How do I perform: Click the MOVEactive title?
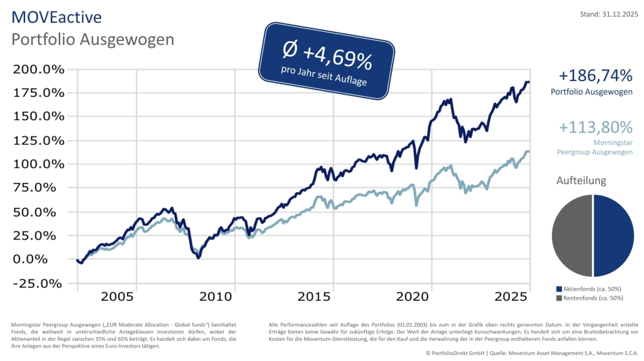[x=56, y=17]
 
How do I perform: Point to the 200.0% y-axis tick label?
[x=39, y=69]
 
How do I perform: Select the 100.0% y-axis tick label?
[x=39, y=164]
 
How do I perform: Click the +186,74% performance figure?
[x=595, y=76]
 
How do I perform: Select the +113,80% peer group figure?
[x=595, y=127]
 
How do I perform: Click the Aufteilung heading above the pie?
[x=581, y=180]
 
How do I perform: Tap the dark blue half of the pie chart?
[x=613, y=236]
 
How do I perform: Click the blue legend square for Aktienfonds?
[x=559, y=289]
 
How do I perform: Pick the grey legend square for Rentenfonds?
[x=559, y=298]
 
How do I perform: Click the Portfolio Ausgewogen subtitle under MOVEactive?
[x=93, y=39]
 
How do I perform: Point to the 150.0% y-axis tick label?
[x=39, y=116]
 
